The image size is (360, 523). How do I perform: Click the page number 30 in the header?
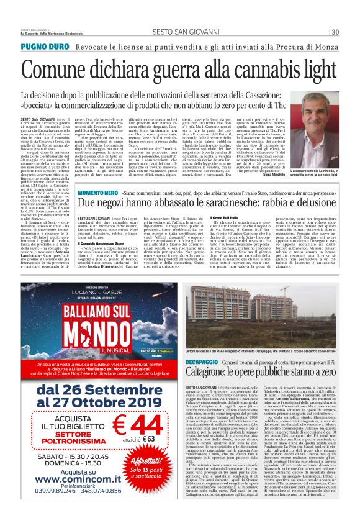click(x=335, y=32)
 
